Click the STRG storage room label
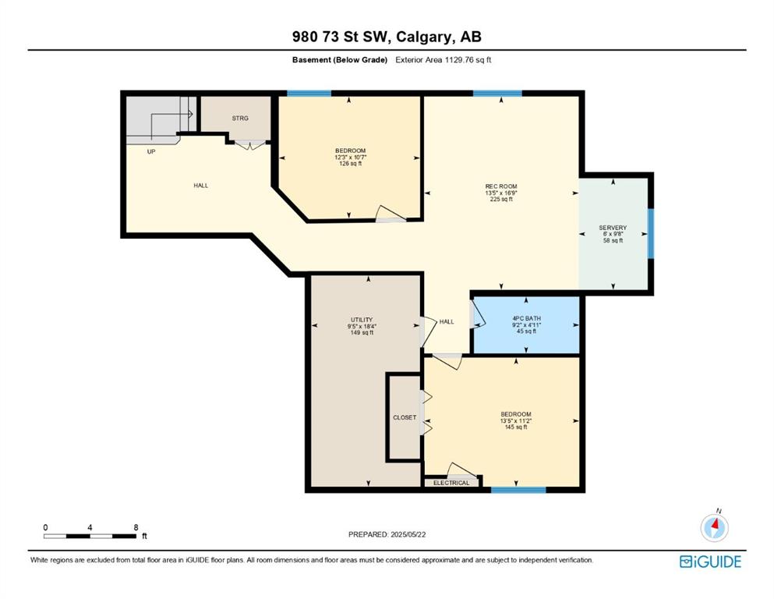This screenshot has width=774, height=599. click(240, 118)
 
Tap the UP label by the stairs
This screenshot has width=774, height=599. click(151, 151)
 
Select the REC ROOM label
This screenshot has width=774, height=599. click(501, 186)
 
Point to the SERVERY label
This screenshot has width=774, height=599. click(613, 228)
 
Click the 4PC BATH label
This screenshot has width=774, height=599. click(526, 318)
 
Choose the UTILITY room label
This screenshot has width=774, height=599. click(362, 320)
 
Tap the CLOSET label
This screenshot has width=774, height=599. click(405, 417)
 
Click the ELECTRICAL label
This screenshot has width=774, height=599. click(451, 483)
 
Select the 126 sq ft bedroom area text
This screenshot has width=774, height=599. click(351, 164)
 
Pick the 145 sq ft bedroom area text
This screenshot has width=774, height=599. click(516, 427)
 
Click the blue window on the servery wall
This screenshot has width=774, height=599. click(651, 233)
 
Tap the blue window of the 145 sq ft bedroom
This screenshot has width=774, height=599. click(518, 490)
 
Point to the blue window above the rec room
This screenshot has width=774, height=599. click(497, 94)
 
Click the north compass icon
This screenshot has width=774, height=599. click(714, 526)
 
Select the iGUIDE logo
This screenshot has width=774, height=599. click(710, 562)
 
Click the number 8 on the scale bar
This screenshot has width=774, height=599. click(136, 527)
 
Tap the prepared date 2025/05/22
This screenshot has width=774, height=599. click(408, 534)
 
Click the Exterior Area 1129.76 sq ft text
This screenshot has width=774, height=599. click(444, 60)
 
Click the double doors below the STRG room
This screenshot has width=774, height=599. click(249, 145)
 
